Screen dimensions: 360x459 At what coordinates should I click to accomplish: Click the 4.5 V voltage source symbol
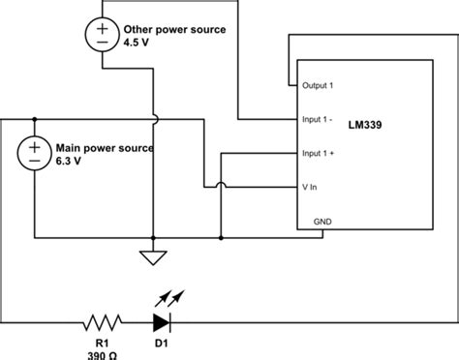click(103, 36)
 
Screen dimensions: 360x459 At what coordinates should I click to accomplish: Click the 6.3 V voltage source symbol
click(35, 152)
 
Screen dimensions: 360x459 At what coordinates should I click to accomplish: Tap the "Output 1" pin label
click(318, 86)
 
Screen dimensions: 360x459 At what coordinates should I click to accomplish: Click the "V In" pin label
click(311, 187)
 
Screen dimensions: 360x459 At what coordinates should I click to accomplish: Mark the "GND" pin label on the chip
click(321, 221)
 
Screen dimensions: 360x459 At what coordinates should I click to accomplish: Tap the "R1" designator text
click(102, 342)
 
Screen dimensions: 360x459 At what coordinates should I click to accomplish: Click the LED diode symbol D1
click(162, 321)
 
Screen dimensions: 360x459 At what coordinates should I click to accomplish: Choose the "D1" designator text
click(162, 342)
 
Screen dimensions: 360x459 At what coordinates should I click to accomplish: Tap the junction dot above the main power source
click(35, 119)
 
